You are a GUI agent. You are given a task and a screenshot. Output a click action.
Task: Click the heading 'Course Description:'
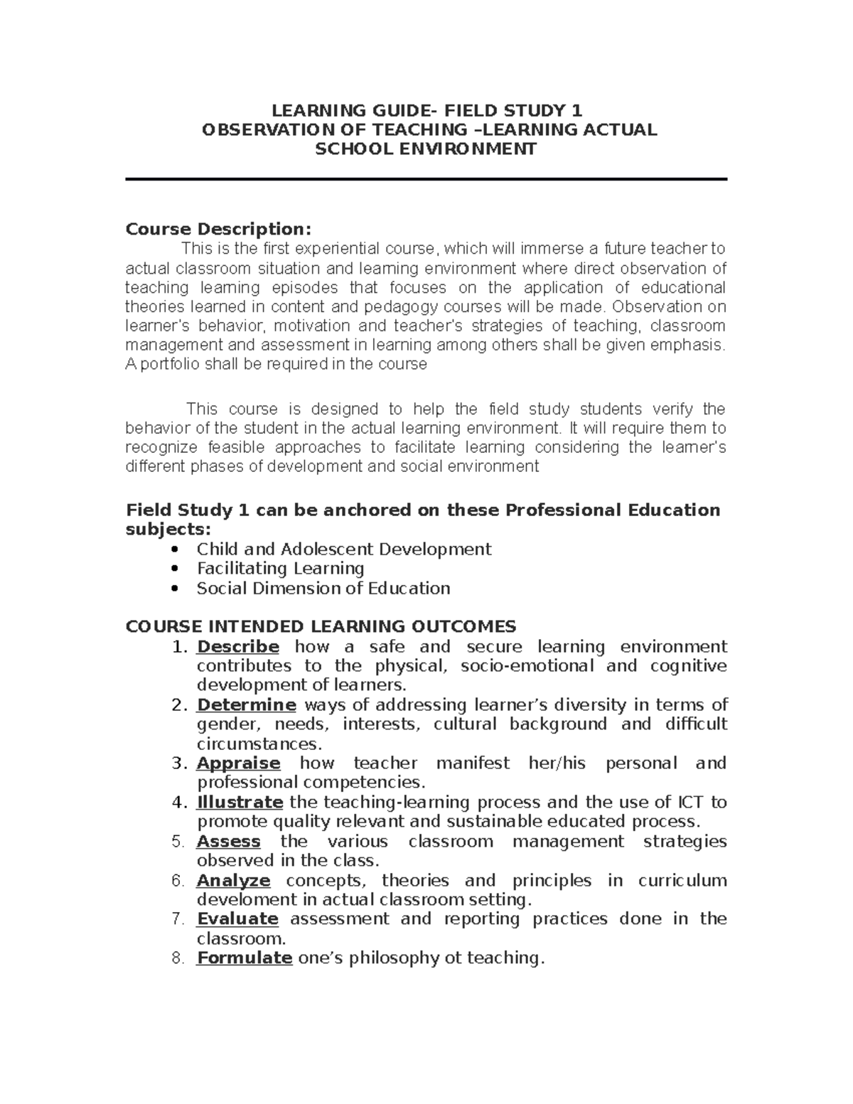(x=218, y=230)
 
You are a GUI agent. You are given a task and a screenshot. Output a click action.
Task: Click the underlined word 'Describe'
(x=237, y=647)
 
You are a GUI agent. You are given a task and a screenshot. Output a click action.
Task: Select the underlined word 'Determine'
(x=246, y=705)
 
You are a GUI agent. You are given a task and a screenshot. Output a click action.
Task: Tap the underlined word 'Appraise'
(x=238, y=763)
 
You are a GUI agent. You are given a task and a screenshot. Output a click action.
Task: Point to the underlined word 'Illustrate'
(x=240, y=803)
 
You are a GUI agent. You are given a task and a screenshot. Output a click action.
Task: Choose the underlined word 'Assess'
(x=228, y=842)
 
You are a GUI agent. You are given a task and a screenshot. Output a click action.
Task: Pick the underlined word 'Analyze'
(x=233, y=881)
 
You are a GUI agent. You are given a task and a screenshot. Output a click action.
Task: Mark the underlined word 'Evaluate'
(x=237, y=919)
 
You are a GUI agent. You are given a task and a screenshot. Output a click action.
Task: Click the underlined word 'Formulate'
(x=245, y=958)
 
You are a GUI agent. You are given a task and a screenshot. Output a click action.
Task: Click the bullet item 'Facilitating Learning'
(x=280, y=569)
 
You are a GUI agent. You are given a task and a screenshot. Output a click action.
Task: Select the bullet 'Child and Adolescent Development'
(x=343, y=550)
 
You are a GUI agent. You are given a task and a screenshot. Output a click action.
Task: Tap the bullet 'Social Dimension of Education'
(x=323, y=589)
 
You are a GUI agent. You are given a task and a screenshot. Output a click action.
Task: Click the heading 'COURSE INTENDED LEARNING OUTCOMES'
(x=321, y=627)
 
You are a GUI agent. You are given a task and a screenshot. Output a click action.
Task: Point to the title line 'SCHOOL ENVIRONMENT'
(x=426, y=149)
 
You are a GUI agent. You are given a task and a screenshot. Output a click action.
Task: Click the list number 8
(x=178, y=958)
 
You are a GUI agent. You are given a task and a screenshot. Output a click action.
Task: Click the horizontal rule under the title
(x=426, y=180)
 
